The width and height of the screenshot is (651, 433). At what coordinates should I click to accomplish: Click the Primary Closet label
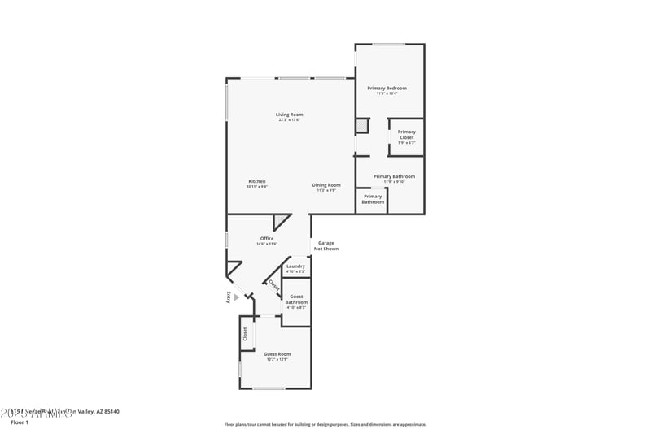[406, 135]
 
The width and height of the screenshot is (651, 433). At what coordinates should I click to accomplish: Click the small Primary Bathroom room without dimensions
[373, 199]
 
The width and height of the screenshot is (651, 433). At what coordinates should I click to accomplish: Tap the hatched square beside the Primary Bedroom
[361, 126]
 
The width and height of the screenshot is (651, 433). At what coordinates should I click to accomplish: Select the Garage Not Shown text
[326, 245]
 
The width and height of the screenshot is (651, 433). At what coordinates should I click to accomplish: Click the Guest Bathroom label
[296, 300]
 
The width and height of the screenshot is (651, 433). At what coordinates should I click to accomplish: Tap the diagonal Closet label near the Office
[273, 286]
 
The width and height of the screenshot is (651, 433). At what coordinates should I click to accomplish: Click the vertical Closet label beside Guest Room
[244, 334]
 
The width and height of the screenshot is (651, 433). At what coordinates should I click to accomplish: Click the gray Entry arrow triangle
[236, 297]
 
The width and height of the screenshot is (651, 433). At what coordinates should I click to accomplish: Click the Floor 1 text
[20, 422]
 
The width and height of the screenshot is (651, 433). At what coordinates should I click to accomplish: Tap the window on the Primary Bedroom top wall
[389, 44]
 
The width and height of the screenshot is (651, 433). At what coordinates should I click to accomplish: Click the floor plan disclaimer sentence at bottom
[325, 424]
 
